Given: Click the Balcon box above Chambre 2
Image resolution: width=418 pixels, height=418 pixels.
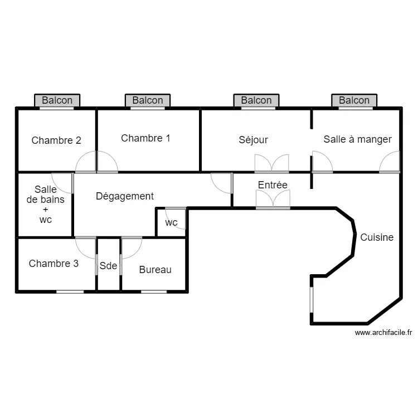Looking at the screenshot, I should point(57,100).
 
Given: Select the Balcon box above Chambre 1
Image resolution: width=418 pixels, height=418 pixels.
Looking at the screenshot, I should point(148,100).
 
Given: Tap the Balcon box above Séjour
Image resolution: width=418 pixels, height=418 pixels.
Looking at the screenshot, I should point(256,100).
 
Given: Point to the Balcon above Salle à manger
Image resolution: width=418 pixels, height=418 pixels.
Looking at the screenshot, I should point(354,100).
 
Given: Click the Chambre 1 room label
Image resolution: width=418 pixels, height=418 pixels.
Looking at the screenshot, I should point(145,138).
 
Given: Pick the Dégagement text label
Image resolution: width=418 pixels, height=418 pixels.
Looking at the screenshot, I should point(124,196).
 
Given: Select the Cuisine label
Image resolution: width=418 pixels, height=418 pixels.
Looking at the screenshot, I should point(377,237).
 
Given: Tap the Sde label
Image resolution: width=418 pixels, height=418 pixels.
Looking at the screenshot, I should point(109,266).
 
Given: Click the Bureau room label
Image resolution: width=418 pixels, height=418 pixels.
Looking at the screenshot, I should point(155,270).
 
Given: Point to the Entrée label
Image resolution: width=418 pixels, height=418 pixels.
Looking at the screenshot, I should point(273,184).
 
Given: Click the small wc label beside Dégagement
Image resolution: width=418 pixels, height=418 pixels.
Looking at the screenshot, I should point(171,223).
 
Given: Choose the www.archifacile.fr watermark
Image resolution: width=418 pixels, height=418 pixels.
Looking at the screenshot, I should point(383,333).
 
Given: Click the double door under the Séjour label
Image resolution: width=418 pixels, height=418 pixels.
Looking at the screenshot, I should point(272,163).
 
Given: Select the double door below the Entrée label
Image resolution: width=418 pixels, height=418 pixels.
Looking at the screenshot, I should point(273,199).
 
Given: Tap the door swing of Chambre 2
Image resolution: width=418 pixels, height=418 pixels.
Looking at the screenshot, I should point(86,162).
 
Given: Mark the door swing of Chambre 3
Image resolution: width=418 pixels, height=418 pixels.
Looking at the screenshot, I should point(85,246).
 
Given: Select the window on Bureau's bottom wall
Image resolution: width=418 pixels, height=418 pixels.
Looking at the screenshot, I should point(154,291).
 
